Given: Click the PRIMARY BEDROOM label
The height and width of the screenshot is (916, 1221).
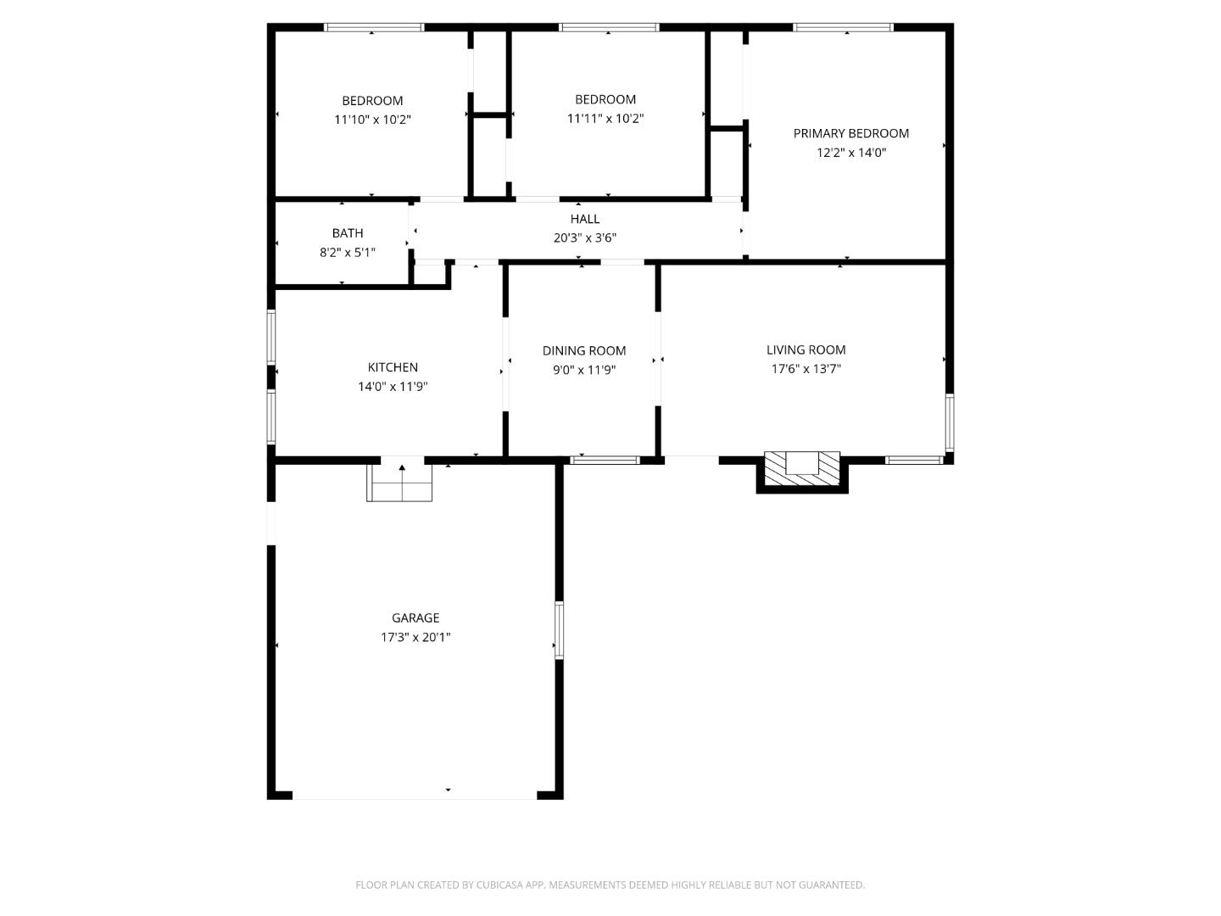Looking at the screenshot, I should pos(850,133).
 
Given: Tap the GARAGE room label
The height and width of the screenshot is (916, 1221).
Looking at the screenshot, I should pos(415,618).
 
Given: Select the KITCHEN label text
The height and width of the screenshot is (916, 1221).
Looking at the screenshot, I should pos(393,367).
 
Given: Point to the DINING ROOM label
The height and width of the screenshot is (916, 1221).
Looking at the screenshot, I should pos(584,350).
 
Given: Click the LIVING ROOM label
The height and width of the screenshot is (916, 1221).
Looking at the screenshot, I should pos(806,349).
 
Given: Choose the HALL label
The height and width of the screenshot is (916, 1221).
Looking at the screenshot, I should pos(585,219).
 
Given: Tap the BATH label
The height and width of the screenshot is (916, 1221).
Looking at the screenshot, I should pos(348,233).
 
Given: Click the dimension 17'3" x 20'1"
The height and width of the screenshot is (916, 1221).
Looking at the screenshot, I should pos(415,638).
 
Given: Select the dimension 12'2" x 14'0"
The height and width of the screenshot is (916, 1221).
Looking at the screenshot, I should pos(850,153).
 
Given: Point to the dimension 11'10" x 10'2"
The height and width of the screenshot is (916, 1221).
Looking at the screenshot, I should pos(372,120).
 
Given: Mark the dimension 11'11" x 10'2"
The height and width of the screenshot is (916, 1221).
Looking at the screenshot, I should pos(605,119).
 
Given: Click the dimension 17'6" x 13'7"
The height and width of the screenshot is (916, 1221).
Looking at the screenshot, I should pos(806,369).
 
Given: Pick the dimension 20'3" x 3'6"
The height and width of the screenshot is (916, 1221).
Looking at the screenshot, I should pos(585,238).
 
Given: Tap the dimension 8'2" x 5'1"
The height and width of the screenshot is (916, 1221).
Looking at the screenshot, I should pos(348,253).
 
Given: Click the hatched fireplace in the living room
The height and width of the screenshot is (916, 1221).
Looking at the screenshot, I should pos(802,469).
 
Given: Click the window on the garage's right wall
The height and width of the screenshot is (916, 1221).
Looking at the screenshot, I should pos(559,629).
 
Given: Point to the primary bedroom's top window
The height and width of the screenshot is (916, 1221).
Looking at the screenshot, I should pos(843,28).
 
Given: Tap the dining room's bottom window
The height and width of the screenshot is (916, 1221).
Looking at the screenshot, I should pos(605,461).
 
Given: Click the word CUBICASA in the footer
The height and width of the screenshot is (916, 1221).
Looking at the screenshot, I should pos(502,885).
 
